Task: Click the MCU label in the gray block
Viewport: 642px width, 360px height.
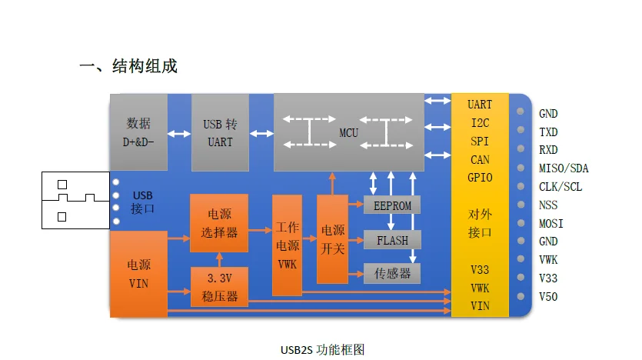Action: [x=348, y=133]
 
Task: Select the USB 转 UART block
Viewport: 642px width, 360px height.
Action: [x=220, y=132]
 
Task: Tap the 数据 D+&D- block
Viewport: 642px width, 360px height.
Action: [x=138, y=132]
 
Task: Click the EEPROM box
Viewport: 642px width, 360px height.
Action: [x=392, y=205]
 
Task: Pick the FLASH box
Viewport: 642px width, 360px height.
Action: [x=392, y=240]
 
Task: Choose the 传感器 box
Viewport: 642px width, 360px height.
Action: [x=392, y=273]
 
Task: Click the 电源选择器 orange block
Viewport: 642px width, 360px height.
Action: [x=219, y=223]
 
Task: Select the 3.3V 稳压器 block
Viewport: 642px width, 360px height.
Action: [x=219, y=287]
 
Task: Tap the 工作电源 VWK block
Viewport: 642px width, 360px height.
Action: [x=287, y=245]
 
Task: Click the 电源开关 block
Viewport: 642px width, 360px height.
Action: [x=333, y=238]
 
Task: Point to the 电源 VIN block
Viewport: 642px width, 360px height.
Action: [x=138, y=274]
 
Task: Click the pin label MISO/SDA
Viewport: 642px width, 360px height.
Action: [x=564, y=168]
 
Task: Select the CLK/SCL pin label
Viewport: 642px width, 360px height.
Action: [x=561, y=187]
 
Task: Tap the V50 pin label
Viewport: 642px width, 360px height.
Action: [x=548, y=297]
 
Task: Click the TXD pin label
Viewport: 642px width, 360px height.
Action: [x=548, y=132]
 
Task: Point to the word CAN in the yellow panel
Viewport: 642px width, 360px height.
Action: [x=480, y=160]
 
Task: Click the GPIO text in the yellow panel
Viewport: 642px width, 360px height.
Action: [x=480, y=178]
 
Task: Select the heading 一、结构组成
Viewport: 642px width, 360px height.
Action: [x=128, y=66]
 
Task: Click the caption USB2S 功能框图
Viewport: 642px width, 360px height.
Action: [x=322, y=349]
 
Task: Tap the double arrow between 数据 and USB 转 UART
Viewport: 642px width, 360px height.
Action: [x=179, y=134]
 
